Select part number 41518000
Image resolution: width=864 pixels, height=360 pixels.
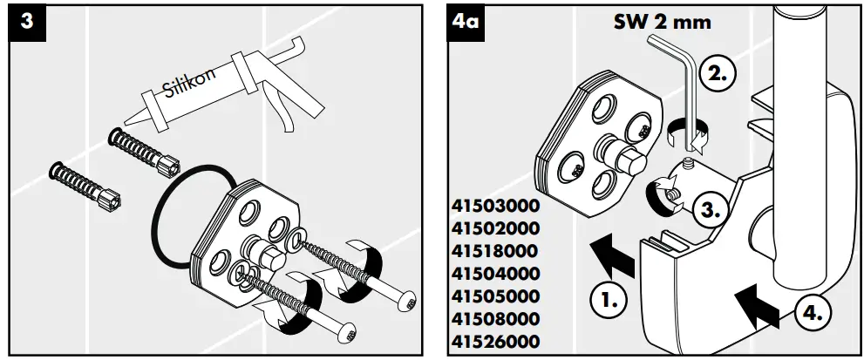(496, 252)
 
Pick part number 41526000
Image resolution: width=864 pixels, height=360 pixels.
(496, 342)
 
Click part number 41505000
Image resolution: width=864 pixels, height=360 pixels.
(496, 296)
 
